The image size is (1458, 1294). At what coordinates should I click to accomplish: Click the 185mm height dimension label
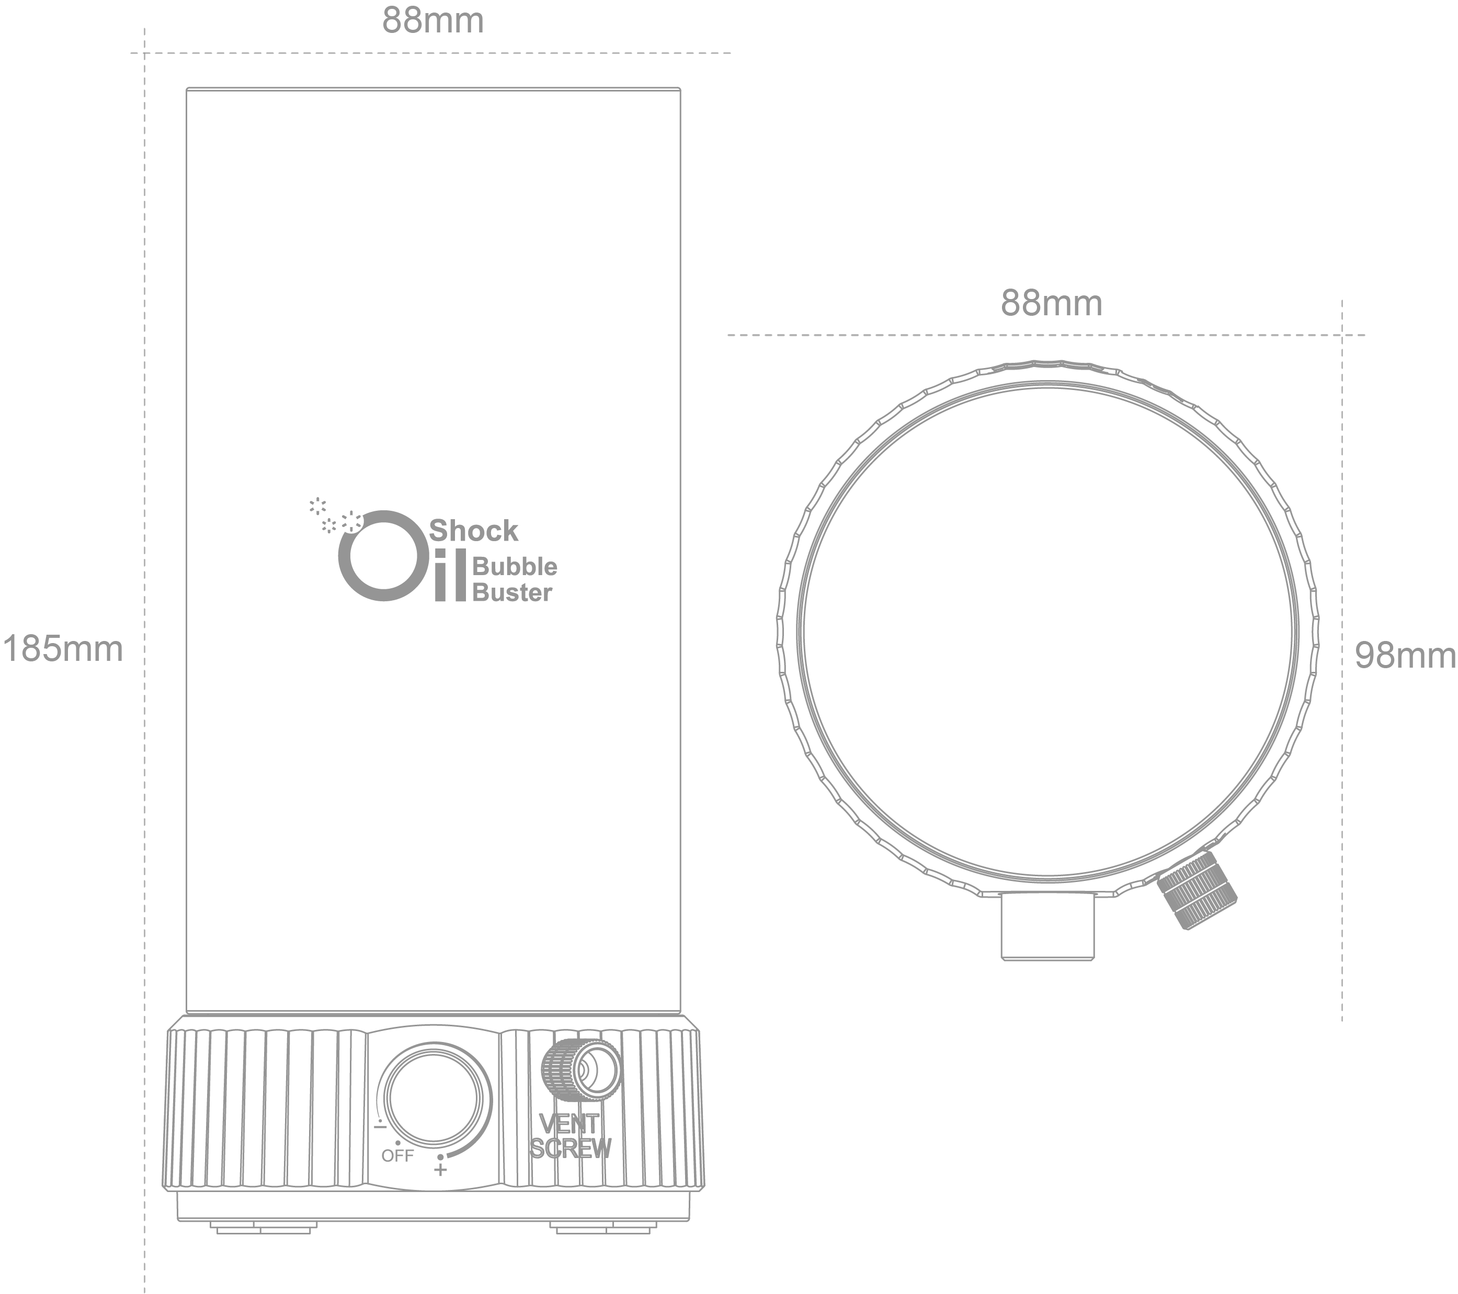point(63,649)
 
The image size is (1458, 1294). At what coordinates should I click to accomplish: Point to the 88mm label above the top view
point(1052,303)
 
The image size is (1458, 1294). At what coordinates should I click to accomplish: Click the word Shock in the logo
point(474,531)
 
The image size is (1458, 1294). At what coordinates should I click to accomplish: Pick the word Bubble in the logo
point(515,567)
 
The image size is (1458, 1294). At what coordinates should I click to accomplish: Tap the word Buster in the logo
point(512,592)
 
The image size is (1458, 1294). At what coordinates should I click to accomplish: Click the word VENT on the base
point(569,1124)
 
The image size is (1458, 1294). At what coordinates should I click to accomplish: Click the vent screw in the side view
point(582,1069)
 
